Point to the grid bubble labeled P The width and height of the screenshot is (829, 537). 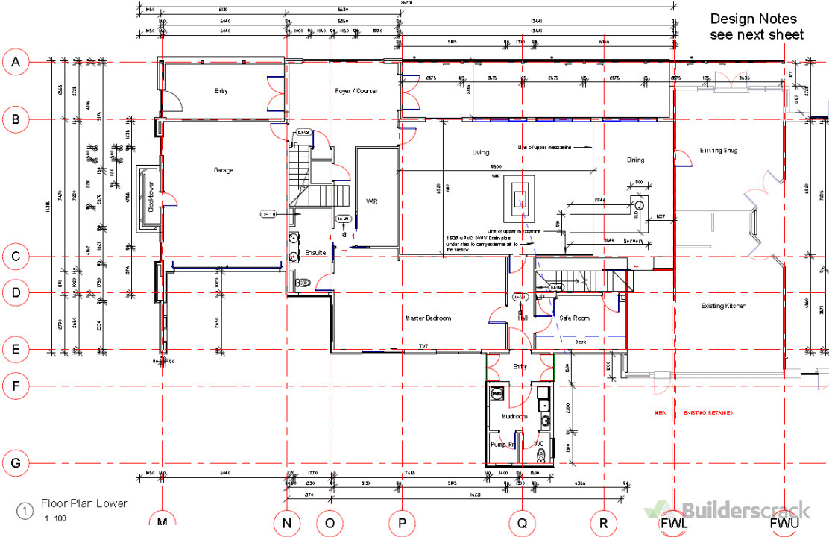click(x=402, y=524)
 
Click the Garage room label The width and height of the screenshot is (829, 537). click(x=223, y=170)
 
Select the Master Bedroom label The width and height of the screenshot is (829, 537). click(x=428, y=318)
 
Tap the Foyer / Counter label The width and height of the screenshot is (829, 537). click(x=356, y=91)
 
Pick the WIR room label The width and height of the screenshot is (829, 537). click(x=372, y=201)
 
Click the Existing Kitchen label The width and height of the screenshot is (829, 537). click(x=723, y=306)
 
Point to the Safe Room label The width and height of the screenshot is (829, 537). click(x=574, y=318)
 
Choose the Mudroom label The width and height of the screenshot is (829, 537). click(x=514, y=417)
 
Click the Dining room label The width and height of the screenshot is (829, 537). click(x=635, y=160)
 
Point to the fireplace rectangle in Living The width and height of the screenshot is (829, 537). click(x=520, y=199)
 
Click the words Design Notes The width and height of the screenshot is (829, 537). click(x=753, y=19)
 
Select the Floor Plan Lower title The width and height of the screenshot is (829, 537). click(x=84, y=503)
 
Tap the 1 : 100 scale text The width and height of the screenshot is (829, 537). click(x=56, y=518)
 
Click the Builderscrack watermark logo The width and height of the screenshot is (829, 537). click(x=727, y=510)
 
